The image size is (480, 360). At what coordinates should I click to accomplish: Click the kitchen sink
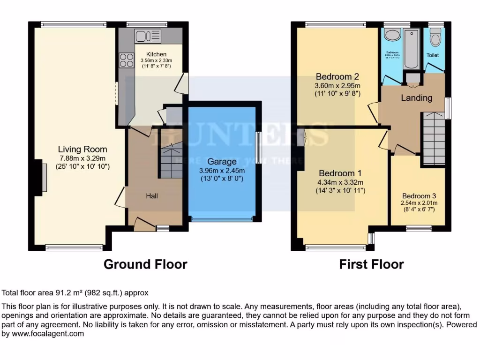[147, 36]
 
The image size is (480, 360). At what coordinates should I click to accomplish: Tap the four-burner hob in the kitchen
[127, 60]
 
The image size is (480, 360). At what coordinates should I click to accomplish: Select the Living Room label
[82, 150]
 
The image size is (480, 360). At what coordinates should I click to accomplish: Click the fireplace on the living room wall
[43, 177]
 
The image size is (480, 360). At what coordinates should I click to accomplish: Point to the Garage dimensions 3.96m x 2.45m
[222, 170]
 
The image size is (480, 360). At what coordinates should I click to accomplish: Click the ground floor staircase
[171, 160]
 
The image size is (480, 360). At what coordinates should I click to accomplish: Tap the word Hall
[151, 196]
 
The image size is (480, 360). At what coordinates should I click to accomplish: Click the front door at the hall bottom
[144, 225]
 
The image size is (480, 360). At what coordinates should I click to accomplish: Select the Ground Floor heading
[145, 264]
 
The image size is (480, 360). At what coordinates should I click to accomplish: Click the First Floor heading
[371, 264]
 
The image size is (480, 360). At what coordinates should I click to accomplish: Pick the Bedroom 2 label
[337, 77]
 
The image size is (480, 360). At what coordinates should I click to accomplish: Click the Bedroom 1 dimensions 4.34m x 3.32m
[341, 182]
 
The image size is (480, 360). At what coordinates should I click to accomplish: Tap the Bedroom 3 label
[418, 196]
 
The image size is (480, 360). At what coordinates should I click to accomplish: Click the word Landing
[416, 98]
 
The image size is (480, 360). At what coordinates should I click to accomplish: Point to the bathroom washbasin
[391, 36]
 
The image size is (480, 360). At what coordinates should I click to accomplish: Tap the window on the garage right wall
[258, 147]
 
